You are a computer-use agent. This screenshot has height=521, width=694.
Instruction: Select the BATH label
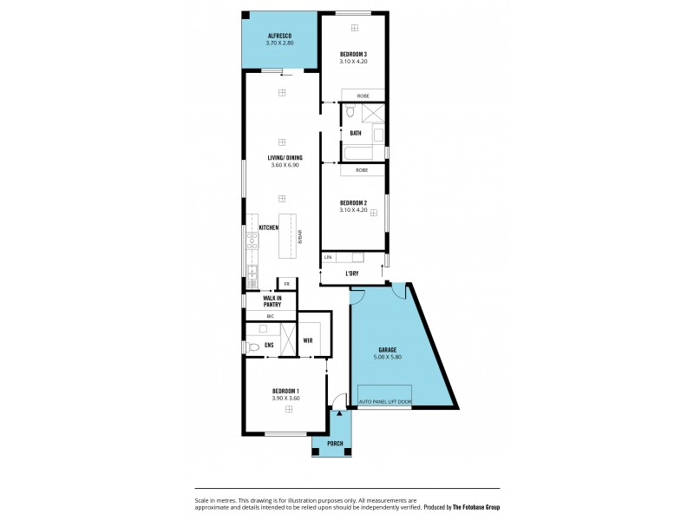click(356, 134)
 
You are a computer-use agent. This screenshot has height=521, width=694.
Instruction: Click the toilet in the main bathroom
click(349, 112)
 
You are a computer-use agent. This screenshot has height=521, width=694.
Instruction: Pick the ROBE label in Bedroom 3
click(363, 95)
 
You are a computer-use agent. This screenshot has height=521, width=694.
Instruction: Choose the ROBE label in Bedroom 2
click(362, 170)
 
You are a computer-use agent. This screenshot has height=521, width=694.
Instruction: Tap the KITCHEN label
click(268, 228)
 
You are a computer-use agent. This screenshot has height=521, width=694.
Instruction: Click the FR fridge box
click(285, 284)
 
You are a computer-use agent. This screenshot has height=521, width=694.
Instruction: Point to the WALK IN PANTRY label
click(272, 301)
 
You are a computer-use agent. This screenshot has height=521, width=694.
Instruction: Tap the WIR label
click(308, 340)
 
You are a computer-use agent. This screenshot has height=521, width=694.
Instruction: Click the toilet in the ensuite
click(252, 346)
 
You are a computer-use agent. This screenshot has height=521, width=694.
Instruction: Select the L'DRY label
click(352, 274)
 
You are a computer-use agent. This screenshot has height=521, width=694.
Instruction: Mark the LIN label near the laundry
click(328, 258)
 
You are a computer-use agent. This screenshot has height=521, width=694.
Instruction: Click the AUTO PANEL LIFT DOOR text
click(385, 402)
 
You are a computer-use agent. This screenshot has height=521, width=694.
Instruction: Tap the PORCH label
click(335, 445)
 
